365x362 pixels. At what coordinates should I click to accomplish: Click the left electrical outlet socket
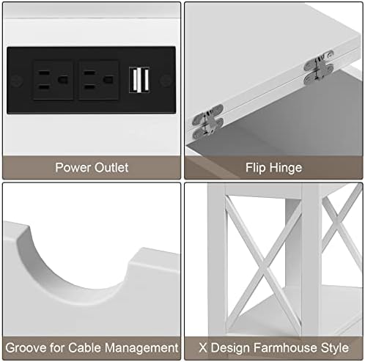[x=54, y=80]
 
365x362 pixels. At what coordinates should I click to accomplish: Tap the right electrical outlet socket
[x=99, y=80]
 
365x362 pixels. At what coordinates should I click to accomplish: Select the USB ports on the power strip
[x=139, y=80]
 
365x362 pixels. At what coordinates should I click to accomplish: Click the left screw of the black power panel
[x=17, y=81]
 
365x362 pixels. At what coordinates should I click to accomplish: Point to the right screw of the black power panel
[x=166, y=81]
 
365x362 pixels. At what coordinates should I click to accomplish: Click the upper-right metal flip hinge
[x=319, y=67]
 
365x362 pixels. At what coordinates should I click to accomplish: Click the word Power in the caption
[x=73, y=168]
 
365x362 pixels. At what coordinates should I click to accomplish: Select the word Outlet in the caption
[x=111, y=168]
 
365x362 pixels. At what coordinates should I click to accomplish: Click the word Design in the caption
[x=230, y=348]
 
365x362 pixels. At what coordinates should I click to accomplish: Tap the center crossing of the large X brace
[x=263, y=266]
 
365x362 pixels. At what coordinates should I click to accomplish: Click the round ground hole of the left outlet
[x=63, y=80]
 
